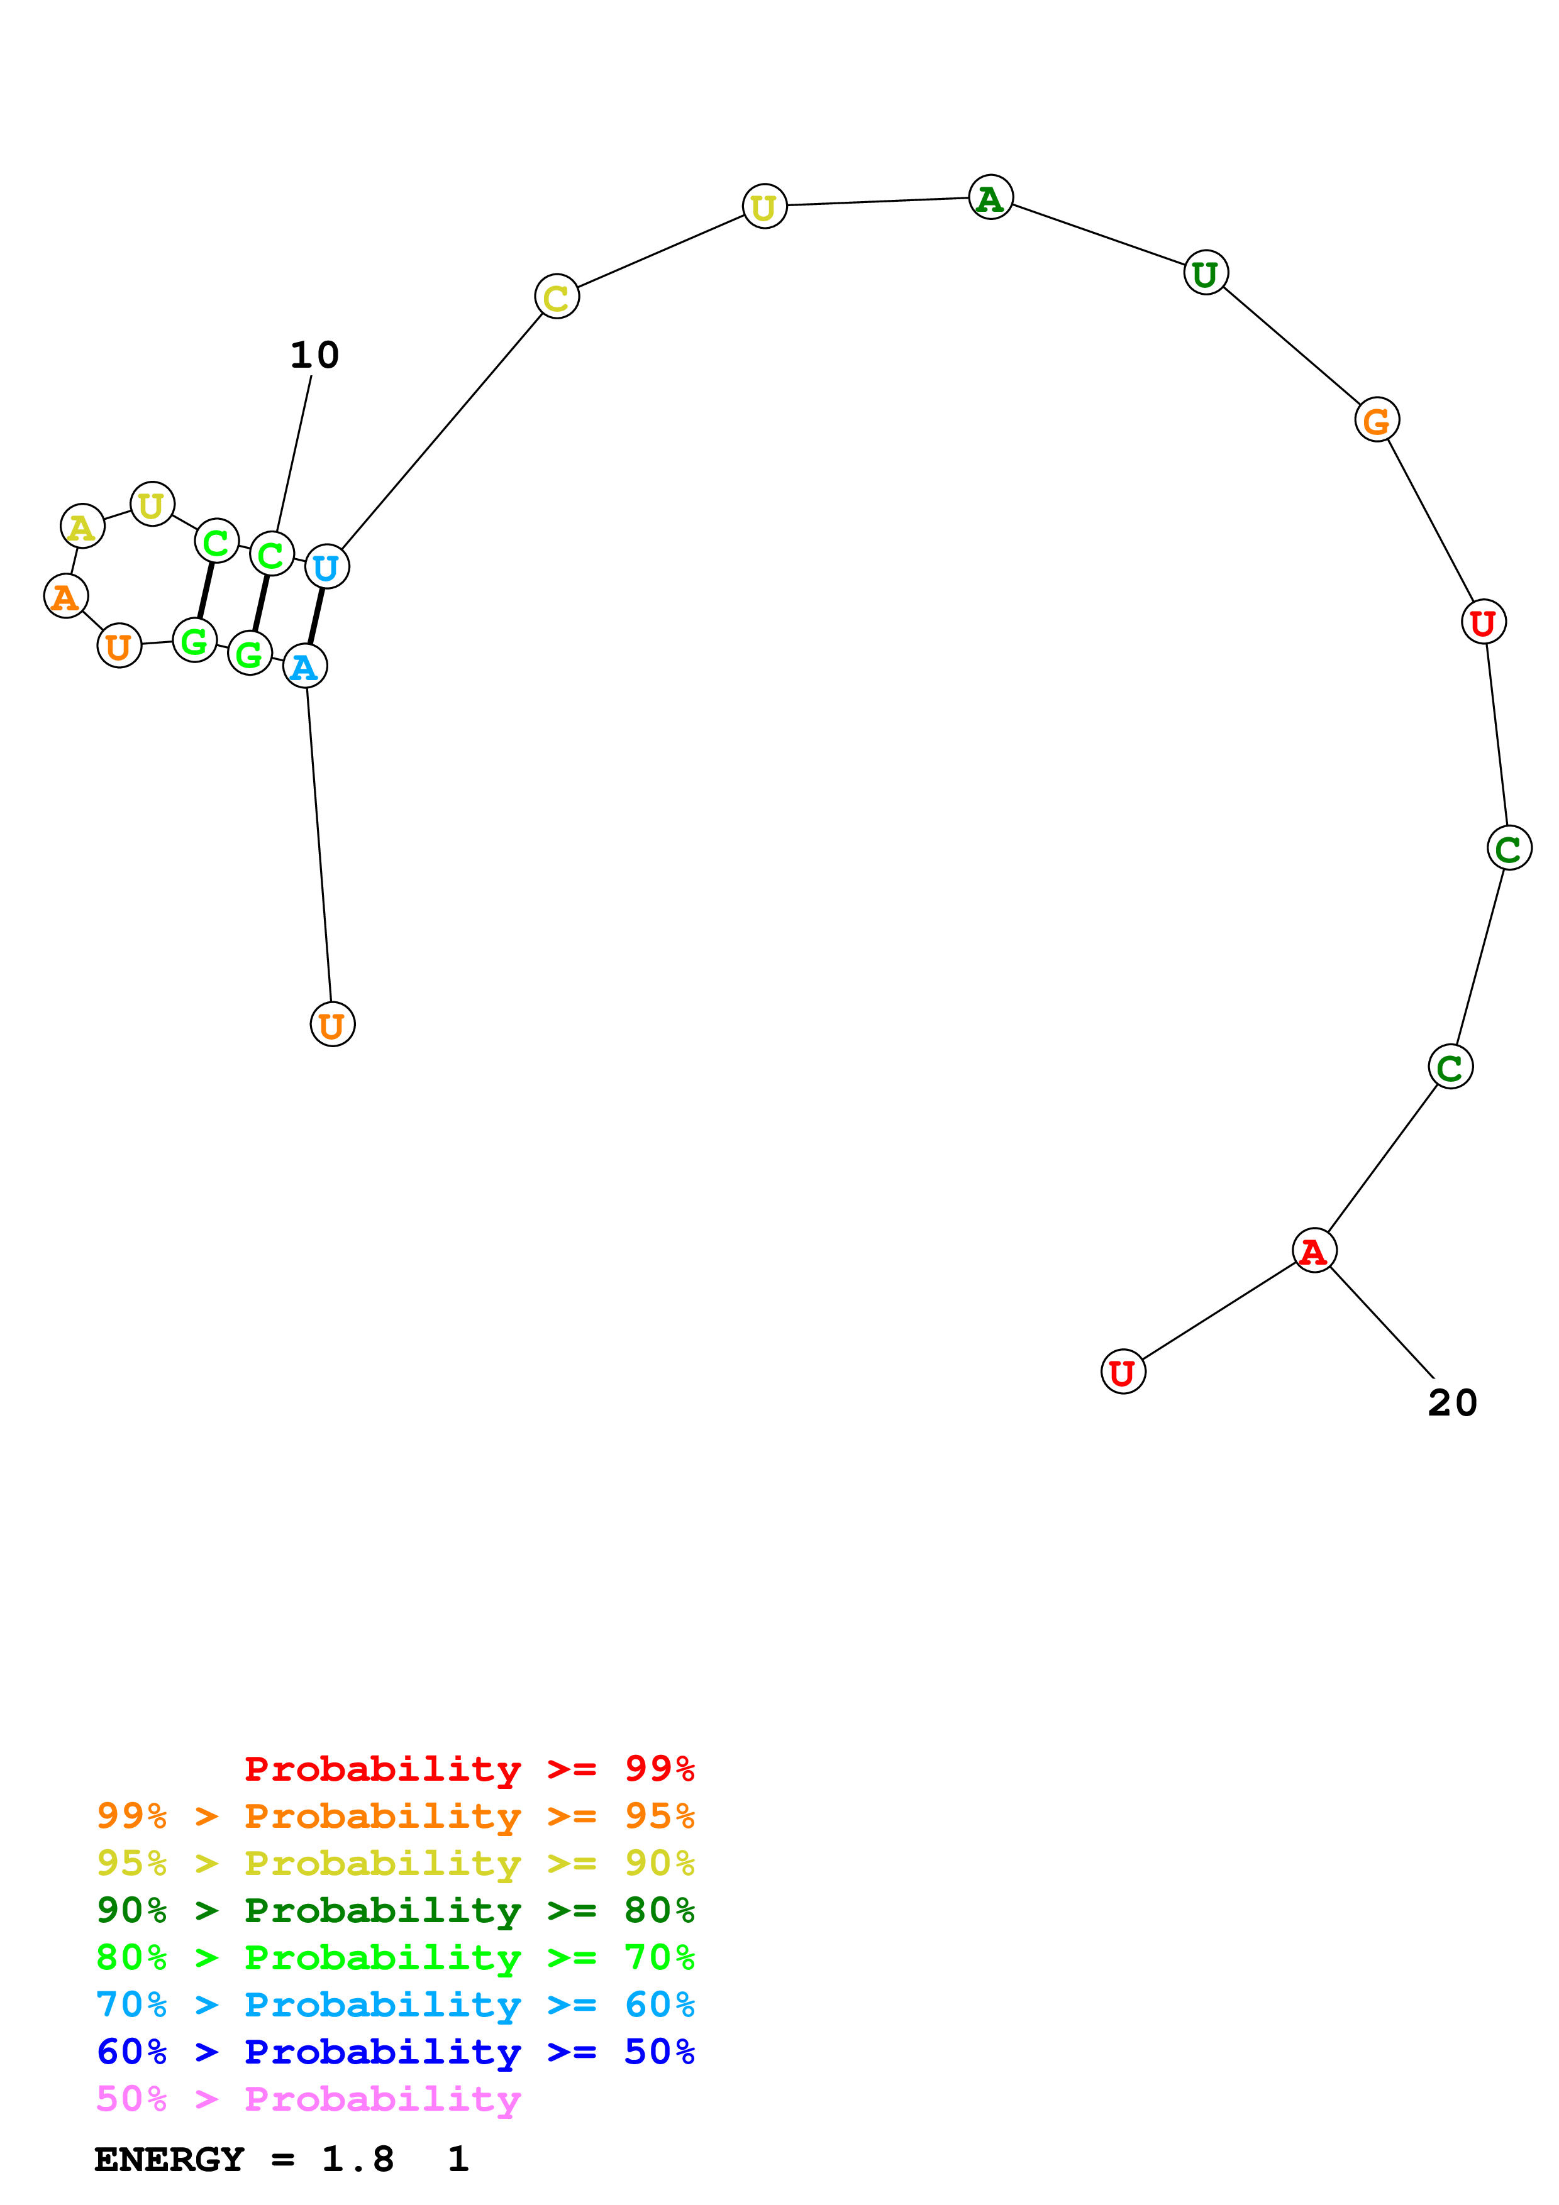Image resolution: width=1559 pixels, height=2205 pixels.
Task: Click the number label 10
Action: tap(314, 355)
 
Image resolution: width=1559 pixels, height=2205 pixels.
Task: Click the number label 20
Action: tap(1451, 1403)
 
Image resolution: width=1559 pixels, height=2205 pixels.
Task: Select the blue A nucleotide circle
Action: tap(304, 666)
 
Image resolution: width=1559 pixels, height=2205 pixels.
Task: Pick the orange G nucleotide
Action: tap(1377, 420)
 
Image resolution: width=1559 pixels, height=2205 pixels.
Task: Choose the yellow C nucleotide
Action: tap(556, 298)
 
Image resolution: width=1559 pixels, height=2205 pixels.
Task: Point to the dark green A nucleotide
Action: tap(990, 198)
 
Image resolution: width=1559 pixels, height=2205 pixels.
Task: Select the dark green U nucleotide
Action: tap(1206, 273)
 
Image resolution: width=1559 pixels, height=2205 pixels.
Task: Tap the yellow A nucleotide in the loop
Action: tap(82, 526)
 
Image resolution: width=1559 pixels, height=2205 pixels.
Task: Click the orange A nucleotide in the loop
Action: tap(65, 597)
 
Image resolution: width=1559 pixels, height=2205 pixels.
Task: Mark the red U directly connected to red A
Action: tap(1122, 1372)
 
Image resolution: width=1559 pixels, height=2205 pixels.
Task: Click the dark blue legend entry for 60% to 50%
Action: tap(395, 2052)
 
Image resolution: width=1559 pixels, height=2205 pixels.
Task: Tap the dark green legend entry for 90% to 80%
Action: tap(395, 1910)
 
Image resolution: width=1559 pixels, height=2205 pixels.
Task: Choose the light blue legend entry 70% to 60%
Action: tap(395, 2004)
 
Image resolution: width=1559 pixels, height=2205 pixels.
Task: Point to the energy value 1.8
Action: tap(357, 2159)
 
